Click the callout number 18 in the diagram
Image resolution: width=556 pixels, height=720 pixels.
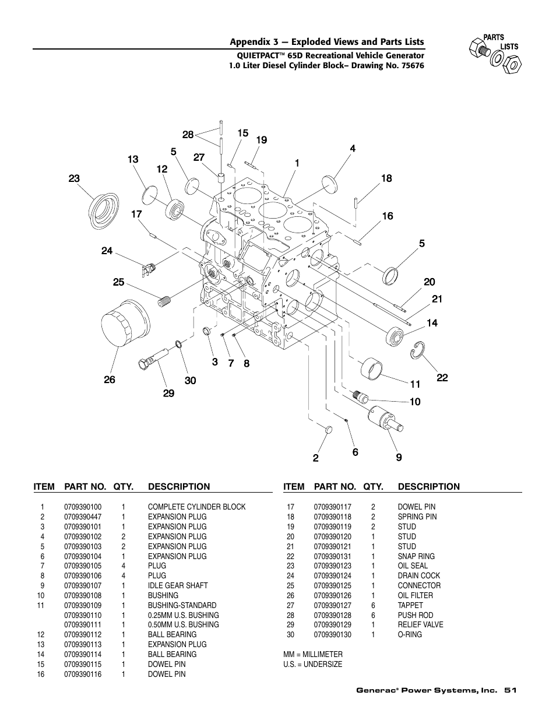386,179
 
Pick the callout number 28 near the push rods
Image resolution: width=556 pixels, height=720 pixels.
188,135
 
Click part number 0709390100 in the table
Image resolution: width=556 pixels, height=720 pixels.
83,507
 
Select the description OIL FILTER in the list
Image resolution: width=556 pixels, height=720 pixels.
415,595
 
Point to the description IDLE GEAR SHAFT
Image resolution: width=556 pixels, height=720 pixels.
177,585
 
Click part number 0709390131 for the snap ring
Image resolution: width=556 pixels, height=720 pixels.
332,556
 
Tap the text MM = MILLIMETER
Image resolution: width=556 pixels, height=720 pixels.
313,654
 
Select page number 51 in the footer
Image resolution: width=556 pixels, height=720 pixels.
511,690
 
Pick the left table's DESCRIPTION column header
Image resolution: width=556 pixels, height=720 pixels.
179,486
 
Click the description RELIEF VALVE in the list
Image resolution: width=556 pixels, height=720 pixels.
420,624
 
